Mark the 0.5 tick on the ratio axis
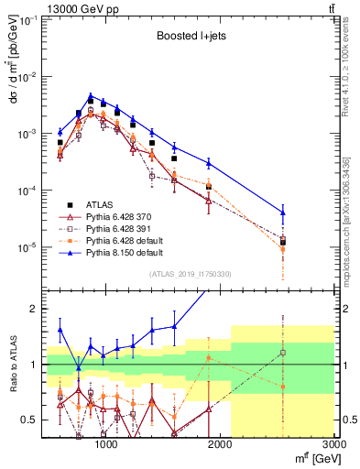click(x=31, y=420)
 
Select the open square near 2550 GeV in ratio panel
click(x=283, y=353)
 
